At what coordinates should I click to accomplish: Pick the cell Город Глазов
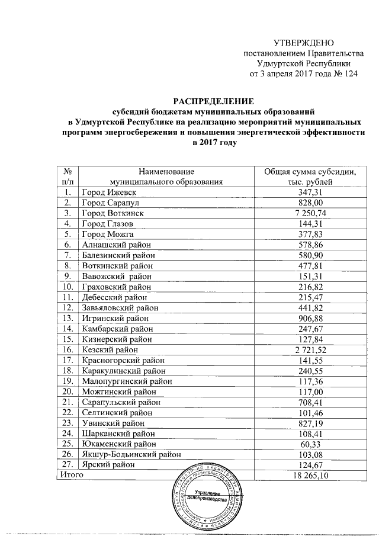click(107, 223)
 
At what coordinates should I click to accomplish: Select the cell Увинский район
click(111, 423)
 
